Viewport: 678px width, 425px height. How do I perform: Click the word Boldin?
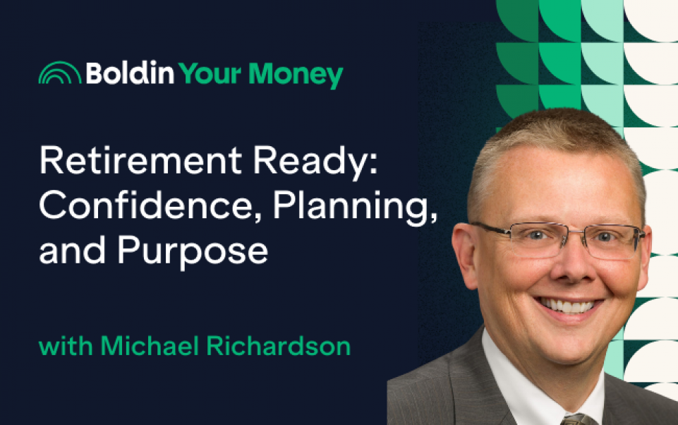pyautogui.click(x=130, y=73)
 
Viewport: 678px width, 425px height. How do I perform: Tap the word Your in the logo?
pyautogui.click(x=210, y=74)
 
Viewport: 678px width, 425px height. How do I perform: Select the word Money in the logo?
pyautogui.click(x=296, y=76)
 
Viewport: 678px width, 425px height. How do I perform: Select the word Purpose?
pyautogui.click(x=193, y=252)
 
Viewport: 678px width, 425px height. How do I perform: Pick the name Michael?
pyautogui.click(x=150, y=346)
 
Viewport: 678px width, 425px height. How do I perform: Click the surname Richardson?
pyautogui.click(x=279, y=346)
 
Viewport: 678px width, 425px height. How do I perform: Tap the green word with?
pyautogui.click(x=66, y=346)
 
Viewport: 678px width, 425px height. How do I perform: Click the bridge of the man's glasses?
pyautogui.click(x=571, y=233)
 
